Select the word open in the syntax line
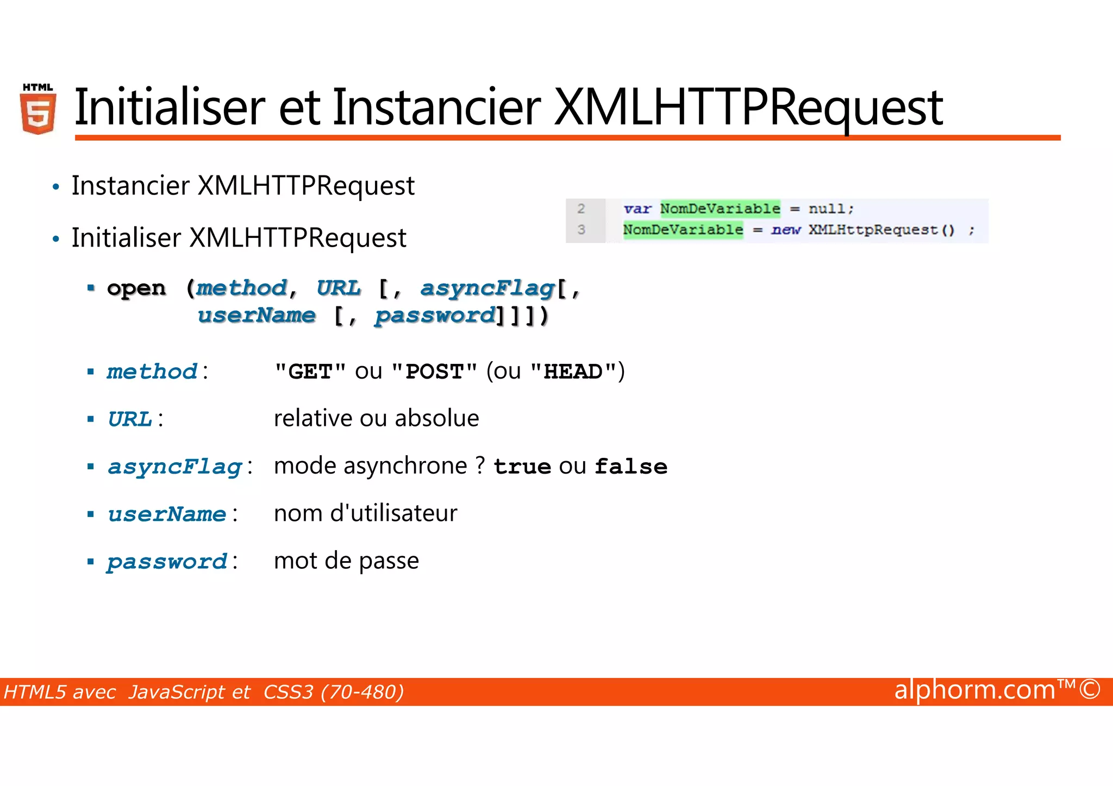tap(136, 288)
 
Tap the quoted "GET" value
tap(310, 372)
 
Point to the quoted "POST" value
tap(434, 372)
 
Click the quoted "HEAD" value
tap(573, 372)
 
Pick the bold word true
tap(522, 467)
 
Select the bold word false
tap(631, 467)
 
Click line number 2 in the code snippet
tap(581, 209)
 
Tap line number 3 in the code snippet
tap(581, 230)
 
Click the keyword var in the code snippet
tap(637, 209)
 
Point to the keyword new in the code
tap(786, 230)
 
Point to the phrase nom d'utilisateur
tap(365, 513)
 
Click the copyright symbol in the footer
tap(1090, 690)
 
